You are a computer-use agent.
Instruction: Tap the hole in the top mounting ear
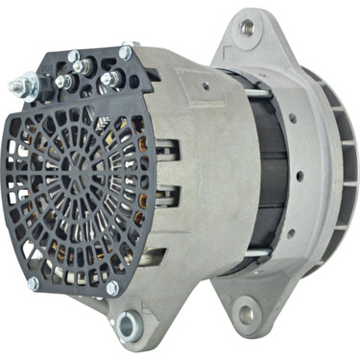tap(247, 27)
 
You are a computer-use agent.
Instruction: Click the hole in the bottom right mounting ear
tap(248, 312)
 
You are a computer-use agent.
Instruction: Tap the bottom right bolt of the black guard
tap(112, 287)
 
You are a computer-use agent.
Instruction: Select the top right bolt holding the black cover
tap(125, 54)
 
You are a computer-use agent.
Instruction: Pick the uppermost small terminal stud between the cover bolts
tap(89, 65)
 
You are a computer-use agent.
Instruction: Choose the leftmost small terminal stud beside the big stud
tap(60, 82)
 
